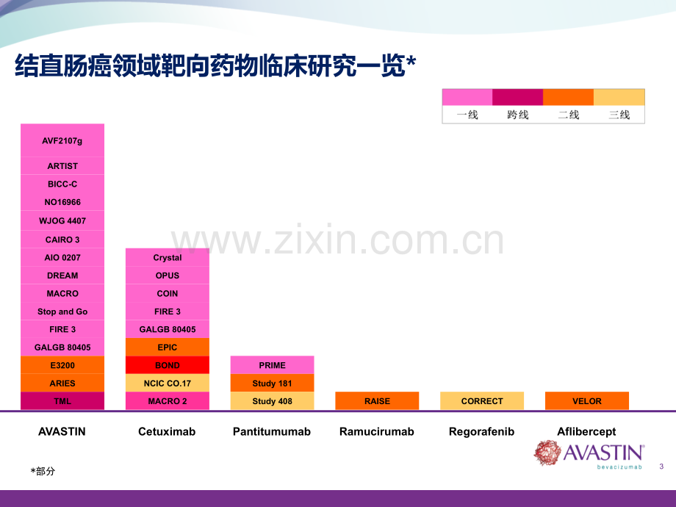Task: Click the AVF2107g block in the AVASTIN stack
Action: click(62, 140)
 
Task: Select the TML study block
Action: click(62, 401)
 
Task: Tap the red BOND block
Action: click(168, 365)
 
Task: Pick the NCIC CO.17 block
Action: click(168, 383)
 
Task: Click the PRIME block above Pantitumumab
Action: click(272, 365)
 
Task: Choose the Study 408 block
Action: click(272, 401)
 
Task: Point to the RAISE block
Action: click(377, 401)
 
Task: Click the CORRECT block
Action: click(482, 401)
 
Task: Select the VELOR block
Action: click(587, 401)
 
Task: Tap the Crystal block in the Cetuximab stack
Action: click(168, 257)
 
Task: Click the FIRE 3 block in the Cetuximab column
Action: click(168, 312)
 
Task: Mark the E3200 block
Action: click(62, 365)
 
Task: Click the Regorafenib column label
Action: click(481, 431)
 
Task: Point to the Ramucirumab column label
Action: click(377, 431)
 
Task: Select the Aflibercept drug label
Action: click(586, 431)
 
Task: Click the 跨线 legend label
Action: click(518, 115)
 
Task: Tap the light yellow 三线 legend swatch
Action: click(619, 97)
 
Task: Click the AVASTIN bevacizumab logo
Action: click(589, 454)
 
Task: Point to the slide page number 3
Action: click(661, 466)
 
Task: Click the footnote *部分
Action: click(43, 471)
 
